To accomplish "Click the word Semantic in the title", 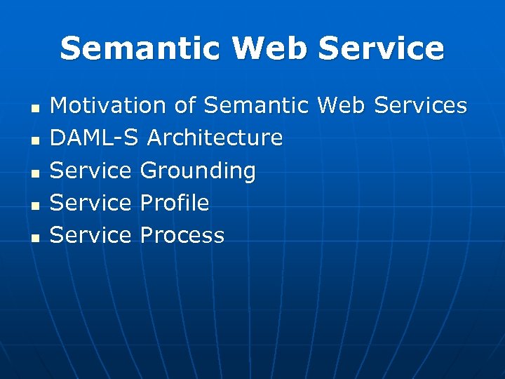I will click(x=141, y=48).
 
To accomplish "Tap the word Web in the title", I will click(x=270, y=48).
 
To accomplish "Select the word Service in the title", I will click(x=382, y=48).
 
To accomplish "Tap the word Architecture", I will click(x=215, y=138).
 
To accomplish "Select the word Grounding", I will click(x=198, y=171).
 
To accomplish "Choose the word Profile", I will click(x=175, y=203).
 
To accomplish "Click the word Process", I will click(x=182, y=235).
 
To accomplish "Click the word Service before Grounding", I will click(x=91, y=171).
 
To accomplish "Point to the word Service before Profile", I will click(x=91, y=203).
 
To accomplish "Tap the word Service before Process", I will click(x=91, y=235).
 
